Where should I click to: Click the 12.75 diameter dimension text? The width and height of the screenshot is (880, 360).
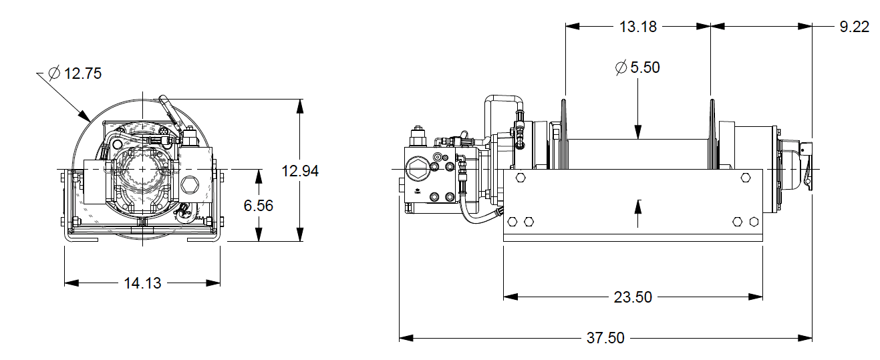[x=83, y=73]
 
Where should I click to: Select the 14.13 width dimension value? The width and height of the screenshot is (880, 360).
[x=142, y=283]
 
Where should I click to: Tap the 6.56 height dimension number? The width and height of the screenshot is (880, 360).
[x=258, y=206]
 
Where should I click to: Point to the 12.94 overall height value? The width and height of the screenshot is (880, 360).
[x=300, y=170]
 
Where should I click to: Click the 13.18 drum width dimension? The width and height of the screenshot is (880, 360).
[x=638, y=27]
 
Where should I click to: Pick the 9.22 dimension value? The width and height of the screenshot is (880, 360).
[x=854, y=27]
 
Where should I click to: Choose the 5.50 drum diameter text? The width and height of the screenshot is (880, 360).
[x=645, y=67]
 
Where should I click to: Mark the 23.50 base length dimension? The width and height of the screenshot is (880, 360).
[x=633, y=297]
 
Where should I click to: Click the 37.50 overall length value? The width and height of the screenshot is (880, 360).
[x=605, y=339]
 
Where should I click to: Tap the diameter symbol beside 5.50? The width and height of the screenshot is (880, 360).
[x=620, y=67]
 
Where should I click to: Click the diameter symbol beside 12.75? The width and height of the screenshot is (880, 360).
[x=55, y=73]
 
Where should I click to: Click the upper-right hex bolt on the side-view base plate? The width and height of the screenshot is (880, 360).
[x=746, y=178]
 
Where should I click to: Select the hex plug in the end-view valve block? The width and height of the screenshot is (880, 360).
[x=189, y=184]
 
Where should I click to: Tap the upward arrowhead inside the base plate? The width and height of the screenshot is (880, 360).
[x=639, y=204]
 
